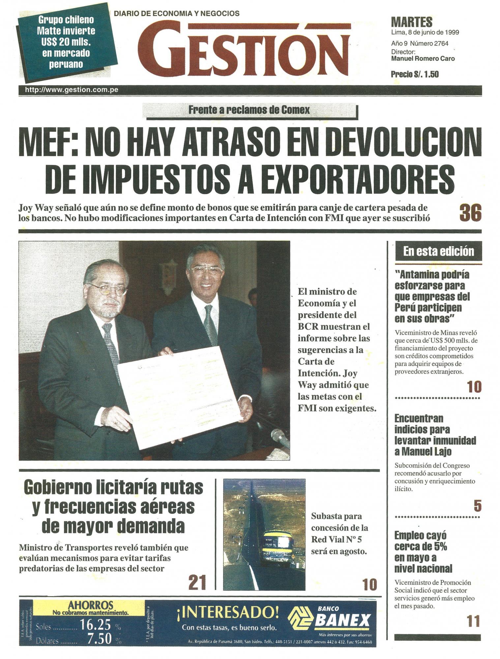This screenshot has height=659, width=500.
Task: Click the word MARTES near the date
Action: (x=411, y=22)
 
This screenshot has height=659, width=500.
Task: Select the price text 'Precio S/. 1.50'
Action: (x=415, y=74)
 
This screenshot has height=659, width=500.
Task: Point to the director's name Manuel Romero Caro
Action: (x=423, y=59)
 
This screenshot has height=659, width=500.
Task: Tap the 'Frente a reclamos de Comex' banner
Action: (x=249, y=110)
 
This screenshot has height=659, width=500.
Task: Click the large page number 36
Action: (x=470, y=213)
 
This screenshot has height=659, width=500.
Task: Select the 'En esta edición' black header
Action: (x=438, y=251)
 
